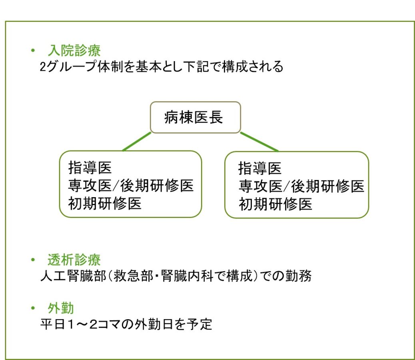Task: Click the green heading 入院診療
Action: click(74, 50)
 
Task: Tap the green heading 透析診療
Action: click(74, 260)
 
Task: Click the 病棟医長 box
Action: click(195, 118)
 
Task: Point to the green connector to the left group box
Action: click(137, 142)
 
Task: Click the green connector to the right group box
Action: click(259, 142)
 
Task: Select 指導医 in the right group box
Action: click(260, 168)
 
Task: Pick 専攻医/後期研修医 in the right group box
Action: click(301, 186)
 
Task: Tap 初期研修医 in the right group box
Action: click(275, 204)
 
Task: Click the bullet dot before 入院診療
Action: click(34, 51)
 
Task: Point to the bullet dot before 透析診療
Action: click(34, 260)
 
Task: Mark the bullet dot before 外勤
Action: click(34, 309)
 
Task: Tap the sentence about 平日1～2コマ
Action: click(126, 324)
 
